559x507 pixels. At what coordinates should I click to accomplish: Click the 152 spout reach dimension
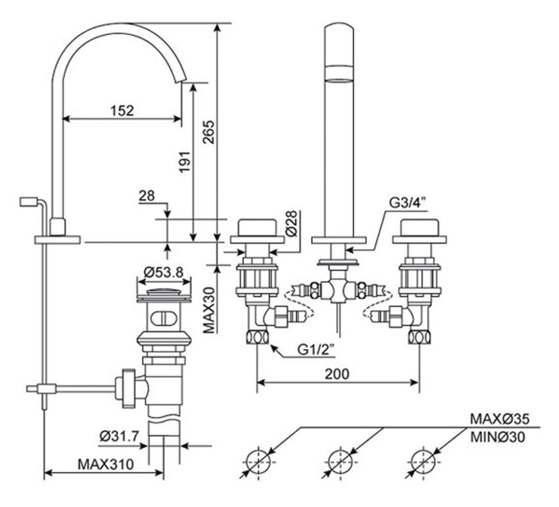122,110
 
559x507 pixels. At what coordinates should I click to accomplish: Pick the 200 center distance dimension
336,373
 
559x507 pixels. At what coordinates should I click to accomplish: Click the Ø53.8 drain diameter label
164,271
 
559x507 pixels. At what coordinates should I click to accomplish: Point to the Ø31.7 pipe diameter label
121,436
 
